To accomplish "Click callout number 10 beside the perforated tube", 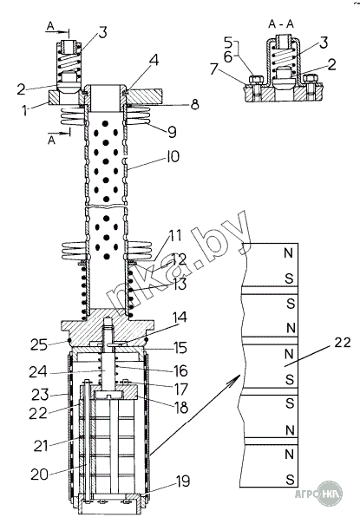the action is pos(173,156).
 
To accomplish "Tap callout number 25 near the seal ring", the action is pos(39,344).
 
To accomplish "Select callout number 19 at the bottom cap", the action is pos(183,481).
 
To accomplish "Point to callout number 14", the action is pos(180,318).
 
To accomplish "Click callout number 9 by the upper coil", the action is pos(172,132).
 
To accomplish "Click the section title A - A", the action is pos(281,24).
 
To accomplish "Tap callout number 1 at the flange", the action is pos(25,110).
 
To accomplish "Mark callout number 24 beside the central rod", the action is pos(37,371).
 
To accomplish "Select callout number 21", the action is pos(41,446).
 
